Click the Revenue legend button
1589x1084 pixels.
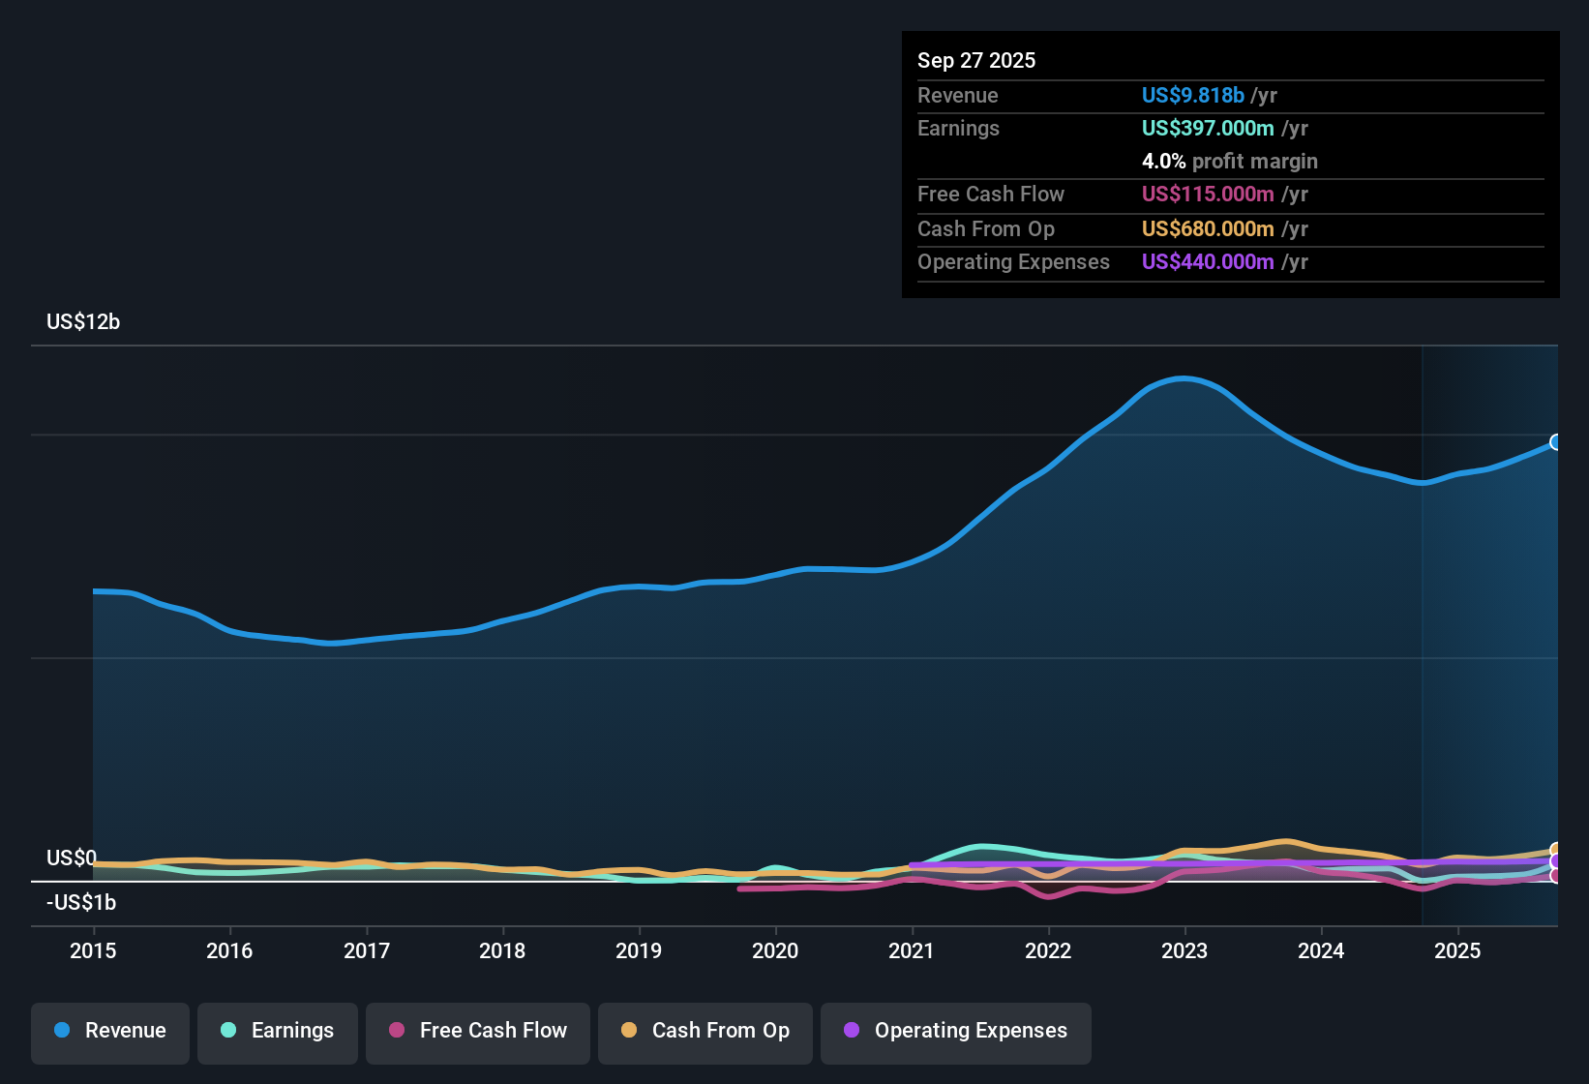point(109,1031)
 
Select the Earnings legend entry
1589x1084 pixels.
point(277,1031)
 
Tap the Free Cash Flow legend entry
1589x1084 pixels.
point(477,1031)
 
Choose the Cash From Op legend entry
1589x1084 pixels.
point(705,1031)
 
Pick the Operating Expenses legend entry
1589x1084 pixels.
point(955,1031)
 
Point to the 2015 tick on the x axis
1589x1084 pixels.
point(93,950)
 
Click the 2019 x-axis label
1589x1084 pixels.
point(639,950)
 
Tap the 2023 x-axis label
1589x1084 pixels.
point(1184,950)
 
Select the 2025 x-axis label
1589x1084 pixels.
point(1457,950)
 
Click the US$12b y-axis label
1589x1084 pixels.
point(83,322)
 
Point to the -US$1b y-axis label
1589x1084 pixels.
point(81,903)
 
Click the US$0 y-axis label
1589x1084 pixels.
point(71,858)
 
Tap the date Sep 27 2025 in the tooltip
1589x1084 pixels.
point(976,60)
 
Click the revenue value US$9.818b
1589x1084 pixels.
point(1192,95)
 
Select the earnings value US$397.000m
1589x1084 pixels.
point(1207,128)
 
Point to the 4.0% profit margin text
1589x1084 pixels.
point(1229,162)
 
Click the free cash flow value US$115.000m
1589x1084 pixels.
point(1207,194)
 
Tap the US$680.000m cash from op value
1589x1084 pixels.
point(1207,228)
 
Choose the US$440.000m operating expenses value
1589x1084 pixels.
point(1207,261)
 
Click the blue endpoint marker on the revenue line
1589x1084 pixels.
point(1556,442)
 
